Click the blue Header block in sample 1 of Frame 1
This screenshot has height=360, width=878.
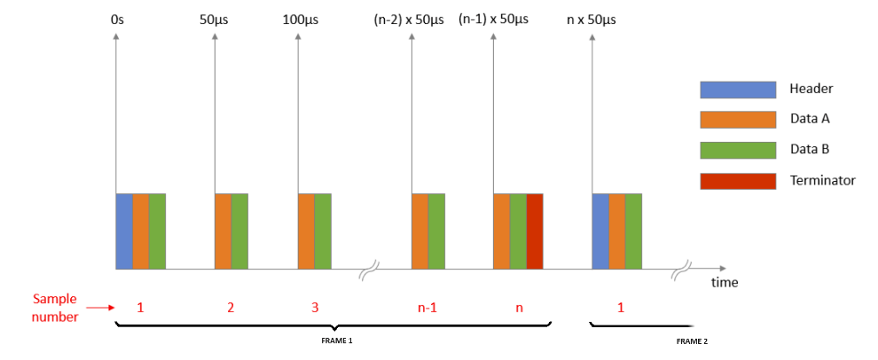tap(124, 231)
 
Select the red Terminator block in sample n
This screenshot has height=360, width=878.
tap(534, 231)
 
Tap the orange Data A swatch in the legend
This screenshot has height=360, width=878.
tap(726, 119)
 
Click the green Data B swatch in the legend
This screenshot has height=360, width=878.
tap(726, 149)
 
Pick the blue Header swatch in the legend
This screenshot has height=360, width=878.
tap(726, 89)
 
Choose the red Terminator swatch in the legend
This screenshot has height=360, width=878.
tap(726, 180)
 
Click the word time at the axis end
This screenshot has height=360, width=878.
tap(724, 283)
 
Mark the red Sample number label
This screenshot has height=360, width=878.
tap(55, 308)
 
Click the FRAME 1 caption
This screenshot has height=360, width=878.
tap(337, 340)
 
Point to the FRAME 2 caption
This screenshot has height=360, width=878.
tap(692, 340)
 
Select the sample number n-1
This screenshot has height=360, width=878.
tap(427, 309)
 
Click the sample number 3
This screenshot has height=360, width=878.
tap(314, 309)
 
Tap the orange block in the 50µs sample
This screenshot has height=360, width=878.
tap(223, 231)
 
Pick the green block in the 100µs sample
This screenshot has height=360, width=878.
tap(323, 231)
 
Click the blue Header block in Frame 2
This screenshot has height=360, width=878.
tap(600, 231)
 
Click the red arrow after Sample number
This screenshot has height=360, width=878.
tap(103, 309)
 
